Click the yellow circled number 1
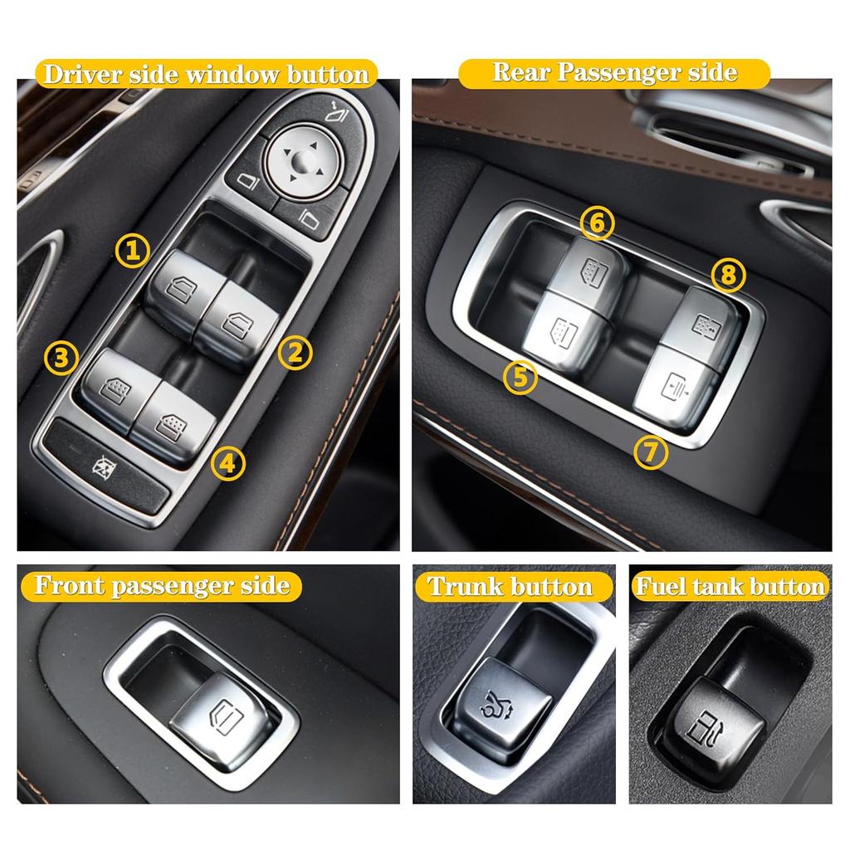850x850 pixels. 131,249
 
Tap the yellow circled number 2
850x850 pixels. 295,353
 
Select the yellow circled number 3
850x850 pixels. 61,359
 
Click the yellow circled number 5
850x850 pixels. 520,377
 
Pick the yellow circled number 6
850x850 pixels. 597,222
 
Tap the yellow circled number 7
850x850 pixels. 651,452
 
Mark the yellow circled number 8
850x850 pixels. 728,275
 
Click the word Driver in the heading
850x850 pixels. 82,75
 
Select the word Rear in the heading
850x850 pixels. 521,72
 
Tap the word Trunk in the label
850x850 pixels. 465,587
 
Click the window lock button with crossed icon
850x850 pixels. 106,468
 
